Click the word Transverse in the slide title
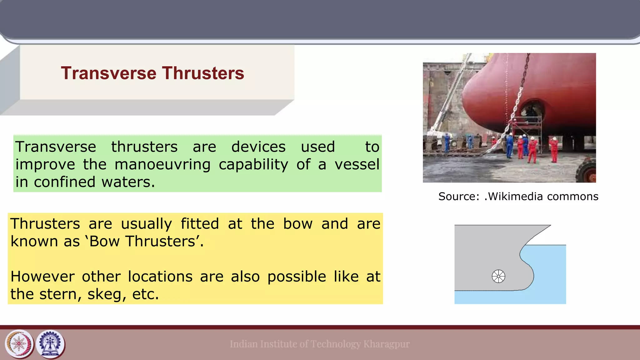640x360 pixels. click(108, 73)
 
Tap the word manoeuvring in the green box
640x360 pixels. click(162, 164)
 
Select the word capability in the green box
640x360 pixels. click(253, 164)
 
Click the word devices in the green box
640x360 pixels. click(258, 147)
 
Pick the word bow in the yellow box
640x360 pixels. click(298, 224)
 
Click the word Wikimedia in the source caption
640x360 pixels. click(515, 196)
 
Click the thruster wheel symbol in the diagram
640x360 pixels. click(498, 276)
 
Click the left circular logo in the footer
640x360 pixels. click(19, 344)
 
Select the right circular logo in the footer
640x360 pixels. click(50, 344)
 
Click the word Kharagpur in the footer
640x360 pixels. click(386, 344)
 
